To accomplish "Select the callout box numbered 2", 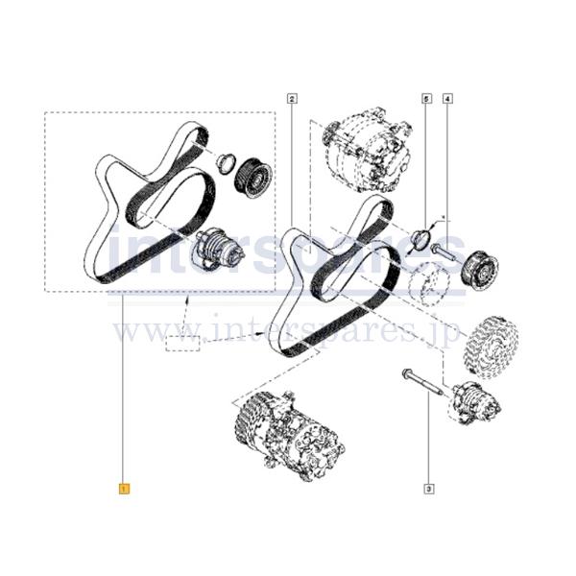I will (x=291, y=97).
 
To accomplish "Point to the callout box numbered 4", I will (x=448, y=97).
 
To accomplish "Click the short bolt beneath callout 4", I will (x=443, y=252).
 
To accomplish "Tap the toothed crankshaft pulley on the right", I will (x=491, y=345).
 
